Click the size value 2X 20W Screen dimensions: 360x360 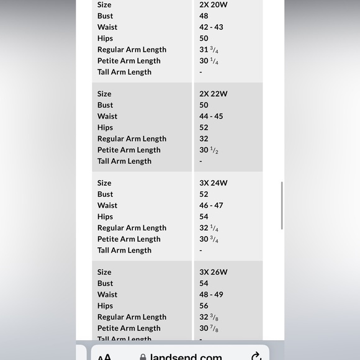point(213,5)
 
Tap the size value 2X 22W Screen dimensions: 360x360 point(213,94)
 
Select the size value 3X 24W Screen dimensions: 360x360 point(213,183)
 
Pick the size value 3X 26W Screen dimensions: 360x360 point(213,272)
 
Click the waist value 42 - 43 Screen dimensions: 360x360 point(211,27)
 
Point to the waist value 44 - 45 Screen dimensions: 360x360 point(211,116)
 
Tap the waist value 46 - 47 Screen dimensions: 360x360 point(211,205)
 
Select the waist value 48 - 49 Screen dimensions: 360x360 point(211,294)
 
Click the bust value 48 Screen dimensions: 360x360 point(204,16)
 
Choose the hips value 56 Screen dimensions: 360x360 point(204,305)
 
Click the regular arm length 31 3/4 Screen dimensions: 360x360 point(209,50)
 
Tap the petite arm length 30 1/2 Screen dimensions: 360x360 point(209,150)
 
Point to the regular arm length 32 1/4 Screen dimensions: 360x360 point(209,228)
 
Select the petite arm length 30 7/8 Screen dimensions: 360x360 point(209,328)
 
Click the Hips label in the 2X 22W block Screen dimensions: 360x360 point(105,127)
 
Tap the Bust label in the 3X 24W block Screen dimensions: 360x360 point(105,194)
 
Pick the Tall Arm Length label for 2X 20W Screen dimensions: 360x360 point(124,72)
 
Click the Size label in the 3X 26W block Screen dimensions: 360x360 point(104,272)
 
